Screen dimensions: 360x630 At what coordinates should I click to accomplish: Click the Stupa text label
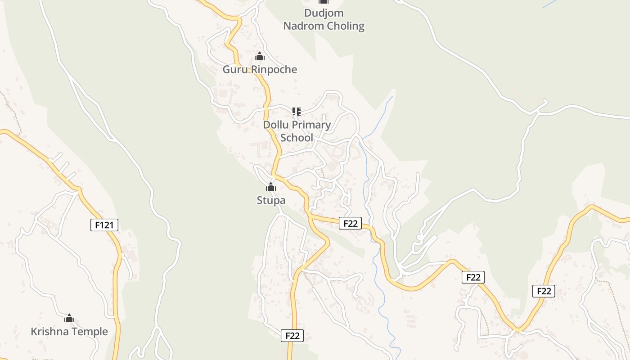271,200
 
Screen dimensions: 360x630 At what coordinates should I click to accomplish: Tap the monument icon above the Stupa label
270,187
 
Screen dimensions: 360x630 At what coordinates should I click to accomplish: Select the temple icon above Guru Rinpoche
260,57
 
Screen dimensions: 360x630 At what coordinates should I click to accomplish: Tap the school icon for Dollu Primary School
296,111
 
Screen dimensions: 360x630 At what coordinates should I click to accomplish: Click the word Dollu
276,125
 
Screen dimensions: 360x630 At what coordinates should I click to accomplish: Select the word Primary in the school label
310,125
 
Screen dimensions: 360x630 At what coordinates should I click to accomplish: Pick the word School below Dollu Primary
297,137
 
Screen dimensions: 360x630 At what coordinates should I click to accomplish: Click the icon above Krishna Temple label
69,319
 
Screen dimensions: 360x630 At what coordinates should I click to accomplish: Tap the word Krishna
49,332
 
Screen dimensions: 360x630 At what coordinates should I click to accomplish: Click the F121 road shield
104,225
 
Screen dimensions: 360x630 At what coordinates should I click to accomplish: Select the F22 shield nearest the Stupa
350,223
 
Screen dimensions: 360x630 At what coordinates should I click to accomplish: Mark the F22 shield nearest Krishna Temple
292,335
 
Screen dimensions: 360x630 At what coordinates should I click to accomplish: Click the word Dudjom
324,13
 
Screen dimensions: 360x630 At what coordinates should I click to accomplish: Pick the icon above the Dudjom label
324,2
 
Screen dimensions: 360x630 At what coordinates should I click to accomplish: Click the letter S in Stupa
260,200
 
